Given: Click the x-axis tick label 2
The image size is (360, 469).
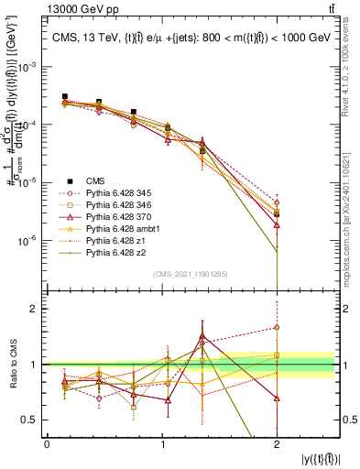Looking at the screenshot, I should (277, 444).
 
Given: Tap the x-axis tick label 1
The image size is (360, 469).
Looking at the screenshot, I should (162, 444).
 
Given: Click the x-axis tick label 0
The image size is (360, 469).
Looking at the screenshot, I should (47, 444).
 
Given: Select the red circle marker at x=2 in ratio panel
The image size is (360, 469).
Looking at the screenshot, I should (277, 327).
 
